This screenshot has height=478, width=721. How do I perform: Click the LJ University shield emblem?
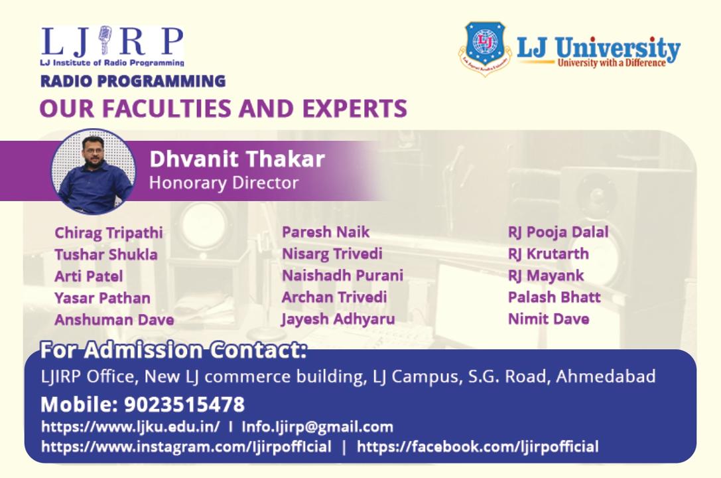point(485,48)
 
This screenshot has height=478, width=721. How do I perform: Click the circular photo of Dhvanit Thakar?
point(94,171)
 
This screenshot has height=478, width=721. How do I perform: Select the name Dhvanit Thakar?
point(237,159)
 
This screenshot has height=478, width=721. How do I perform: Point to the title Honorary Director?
point(224,183)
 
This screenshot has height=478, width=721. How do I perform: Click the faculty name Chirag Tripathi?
point(109,233)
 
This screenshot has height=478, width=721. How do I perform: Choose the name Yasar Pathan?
point(102,298)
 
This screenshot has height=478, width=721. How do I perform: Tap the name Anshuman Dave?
point(114,320)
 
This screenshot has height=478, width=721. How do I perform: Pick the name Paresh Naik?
point(326,232)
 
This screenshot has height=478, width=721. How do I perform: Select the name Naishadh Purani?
point(342,275)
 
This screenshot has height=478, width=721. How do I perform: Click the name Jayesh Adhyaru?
point(338,319)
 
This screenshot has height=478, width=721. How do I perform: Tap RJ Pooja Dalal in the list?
point(558,232)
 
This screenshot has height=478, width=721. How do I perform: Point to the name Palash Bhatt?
point(554,297)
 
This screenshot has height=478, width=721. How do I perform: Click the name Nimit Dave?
point(549,319)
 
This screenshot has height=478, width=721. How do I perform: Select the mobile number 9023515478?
point(184,405)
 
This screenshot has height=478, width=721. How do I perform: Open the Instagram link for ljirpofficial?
point(186,447)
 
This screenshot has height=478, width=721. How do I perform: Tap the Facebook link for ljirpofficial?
point(478,447)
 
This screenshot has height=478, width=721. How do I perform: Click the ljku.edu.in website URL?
point(131,427)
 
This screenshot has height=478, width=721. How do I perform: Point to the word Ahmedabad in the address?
point(606,376)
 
